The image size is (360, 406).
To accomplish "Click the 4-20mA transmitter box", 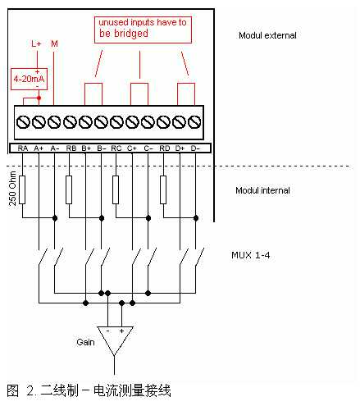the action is click(x=29, y=79).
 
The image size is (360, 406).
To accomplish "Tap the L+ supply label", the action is click(x=36, y=43).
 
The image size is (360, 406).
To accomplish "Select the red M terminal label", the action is click(x=54, y=43).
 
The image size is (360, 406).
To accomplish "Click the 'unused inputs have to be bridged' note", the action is click(x=143, y=30).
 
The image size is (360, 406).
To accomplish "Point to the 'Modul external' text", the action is click(x=267, y=35).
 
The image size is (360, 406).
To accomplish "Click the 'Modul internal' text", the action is click(x=262, y=190).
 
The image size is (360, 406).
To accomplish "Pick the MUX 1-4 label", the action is click(x=251, y=255).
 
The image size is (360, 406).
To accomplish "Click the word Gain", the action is click(x=85, y=342).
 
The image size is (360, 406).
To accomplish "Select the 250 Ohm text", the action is click(x=12, y=189).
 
